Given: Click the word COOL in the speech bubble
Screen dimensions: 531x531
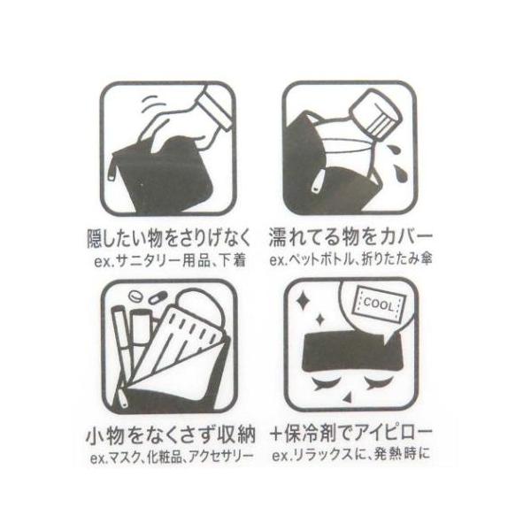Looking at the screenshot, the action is point(378,304).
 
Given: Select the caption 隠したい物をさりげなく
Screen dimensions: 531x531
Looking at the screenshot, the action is point(168,238).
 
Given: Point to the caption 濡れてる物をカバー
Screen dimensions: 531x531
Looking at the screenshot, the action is point(350,238).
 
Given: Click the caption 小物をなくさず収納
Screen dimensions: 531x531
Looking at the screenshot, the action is point(170,435).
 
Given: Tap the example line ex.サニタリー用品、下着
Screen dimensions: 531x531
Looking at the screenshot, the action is point(170,261).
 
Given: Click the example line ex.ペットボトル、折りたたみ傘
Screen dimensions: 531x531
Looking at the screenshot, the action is point(350,260).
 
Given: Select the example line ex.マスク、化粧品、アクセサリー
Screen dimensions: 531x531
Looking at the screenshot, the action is point(172,458).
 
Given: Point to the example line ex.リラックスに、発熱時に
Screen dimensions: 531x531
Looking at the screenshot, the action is point(351,455).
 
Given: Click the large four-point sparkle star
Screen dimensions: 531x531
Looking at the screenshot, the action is point(303,300).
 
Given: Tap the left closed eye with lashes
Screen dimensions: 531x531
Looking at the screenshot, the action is point(326,383).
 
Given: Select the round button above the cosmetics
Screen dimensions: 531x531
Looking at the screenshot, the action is point(135,297).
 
